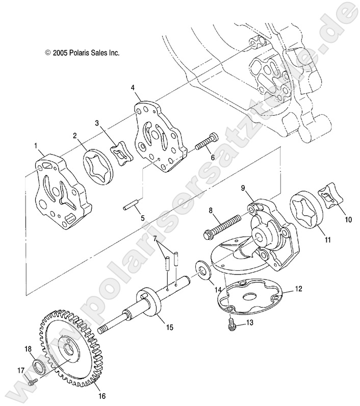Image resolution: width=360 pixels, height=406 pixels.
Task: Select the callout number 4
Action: [133, 88]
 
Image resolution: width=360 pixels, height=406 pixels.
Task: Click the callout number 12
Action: [298, 289]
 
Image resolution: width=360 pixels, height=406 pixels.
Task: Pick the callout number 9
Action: [244, 188]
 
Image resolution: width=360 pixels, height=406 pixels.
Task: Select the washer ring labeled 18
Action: [39, 366]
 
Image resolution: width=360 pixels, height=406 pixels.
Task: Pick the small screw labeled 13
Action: [231, 322]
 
